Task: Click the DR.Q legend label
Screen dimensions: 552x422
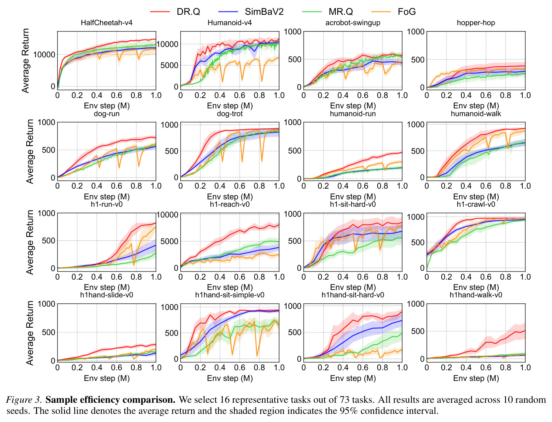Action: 188,11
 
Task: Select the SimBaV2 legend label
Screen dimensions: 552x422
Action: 264,11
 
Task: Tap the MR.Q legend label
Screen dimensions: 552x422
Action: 341,11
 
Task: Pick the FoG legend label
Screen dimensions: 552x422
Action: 407,11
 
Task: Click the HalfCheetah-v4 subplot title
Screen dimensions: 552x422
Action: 106,23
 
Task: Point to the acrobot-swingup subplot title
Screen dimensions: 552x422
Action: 352,23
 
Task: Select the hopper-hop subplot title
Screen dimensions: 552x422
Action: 476,23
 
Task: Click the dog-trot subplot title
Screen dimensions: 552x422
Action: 230,114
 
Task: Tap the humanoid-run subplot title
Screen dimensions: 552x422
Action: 352,114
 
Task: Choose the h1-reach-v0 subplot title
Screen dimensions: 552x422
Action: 230,204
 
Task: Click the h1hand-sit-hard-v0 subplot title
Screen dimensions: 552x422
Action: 352,295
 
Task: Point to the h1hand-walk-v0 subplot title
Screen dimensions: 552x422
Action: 476,295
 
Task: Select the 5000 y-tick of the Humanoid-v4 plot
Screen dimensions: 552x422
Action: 169,65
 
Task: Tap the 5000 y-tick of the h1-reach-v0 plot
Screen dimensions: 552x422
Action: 169,242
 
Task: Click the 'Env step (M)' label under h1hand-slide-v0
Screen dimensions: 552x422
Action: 107,378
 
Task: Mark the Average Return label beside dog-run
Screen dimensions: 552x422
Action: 30,152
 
